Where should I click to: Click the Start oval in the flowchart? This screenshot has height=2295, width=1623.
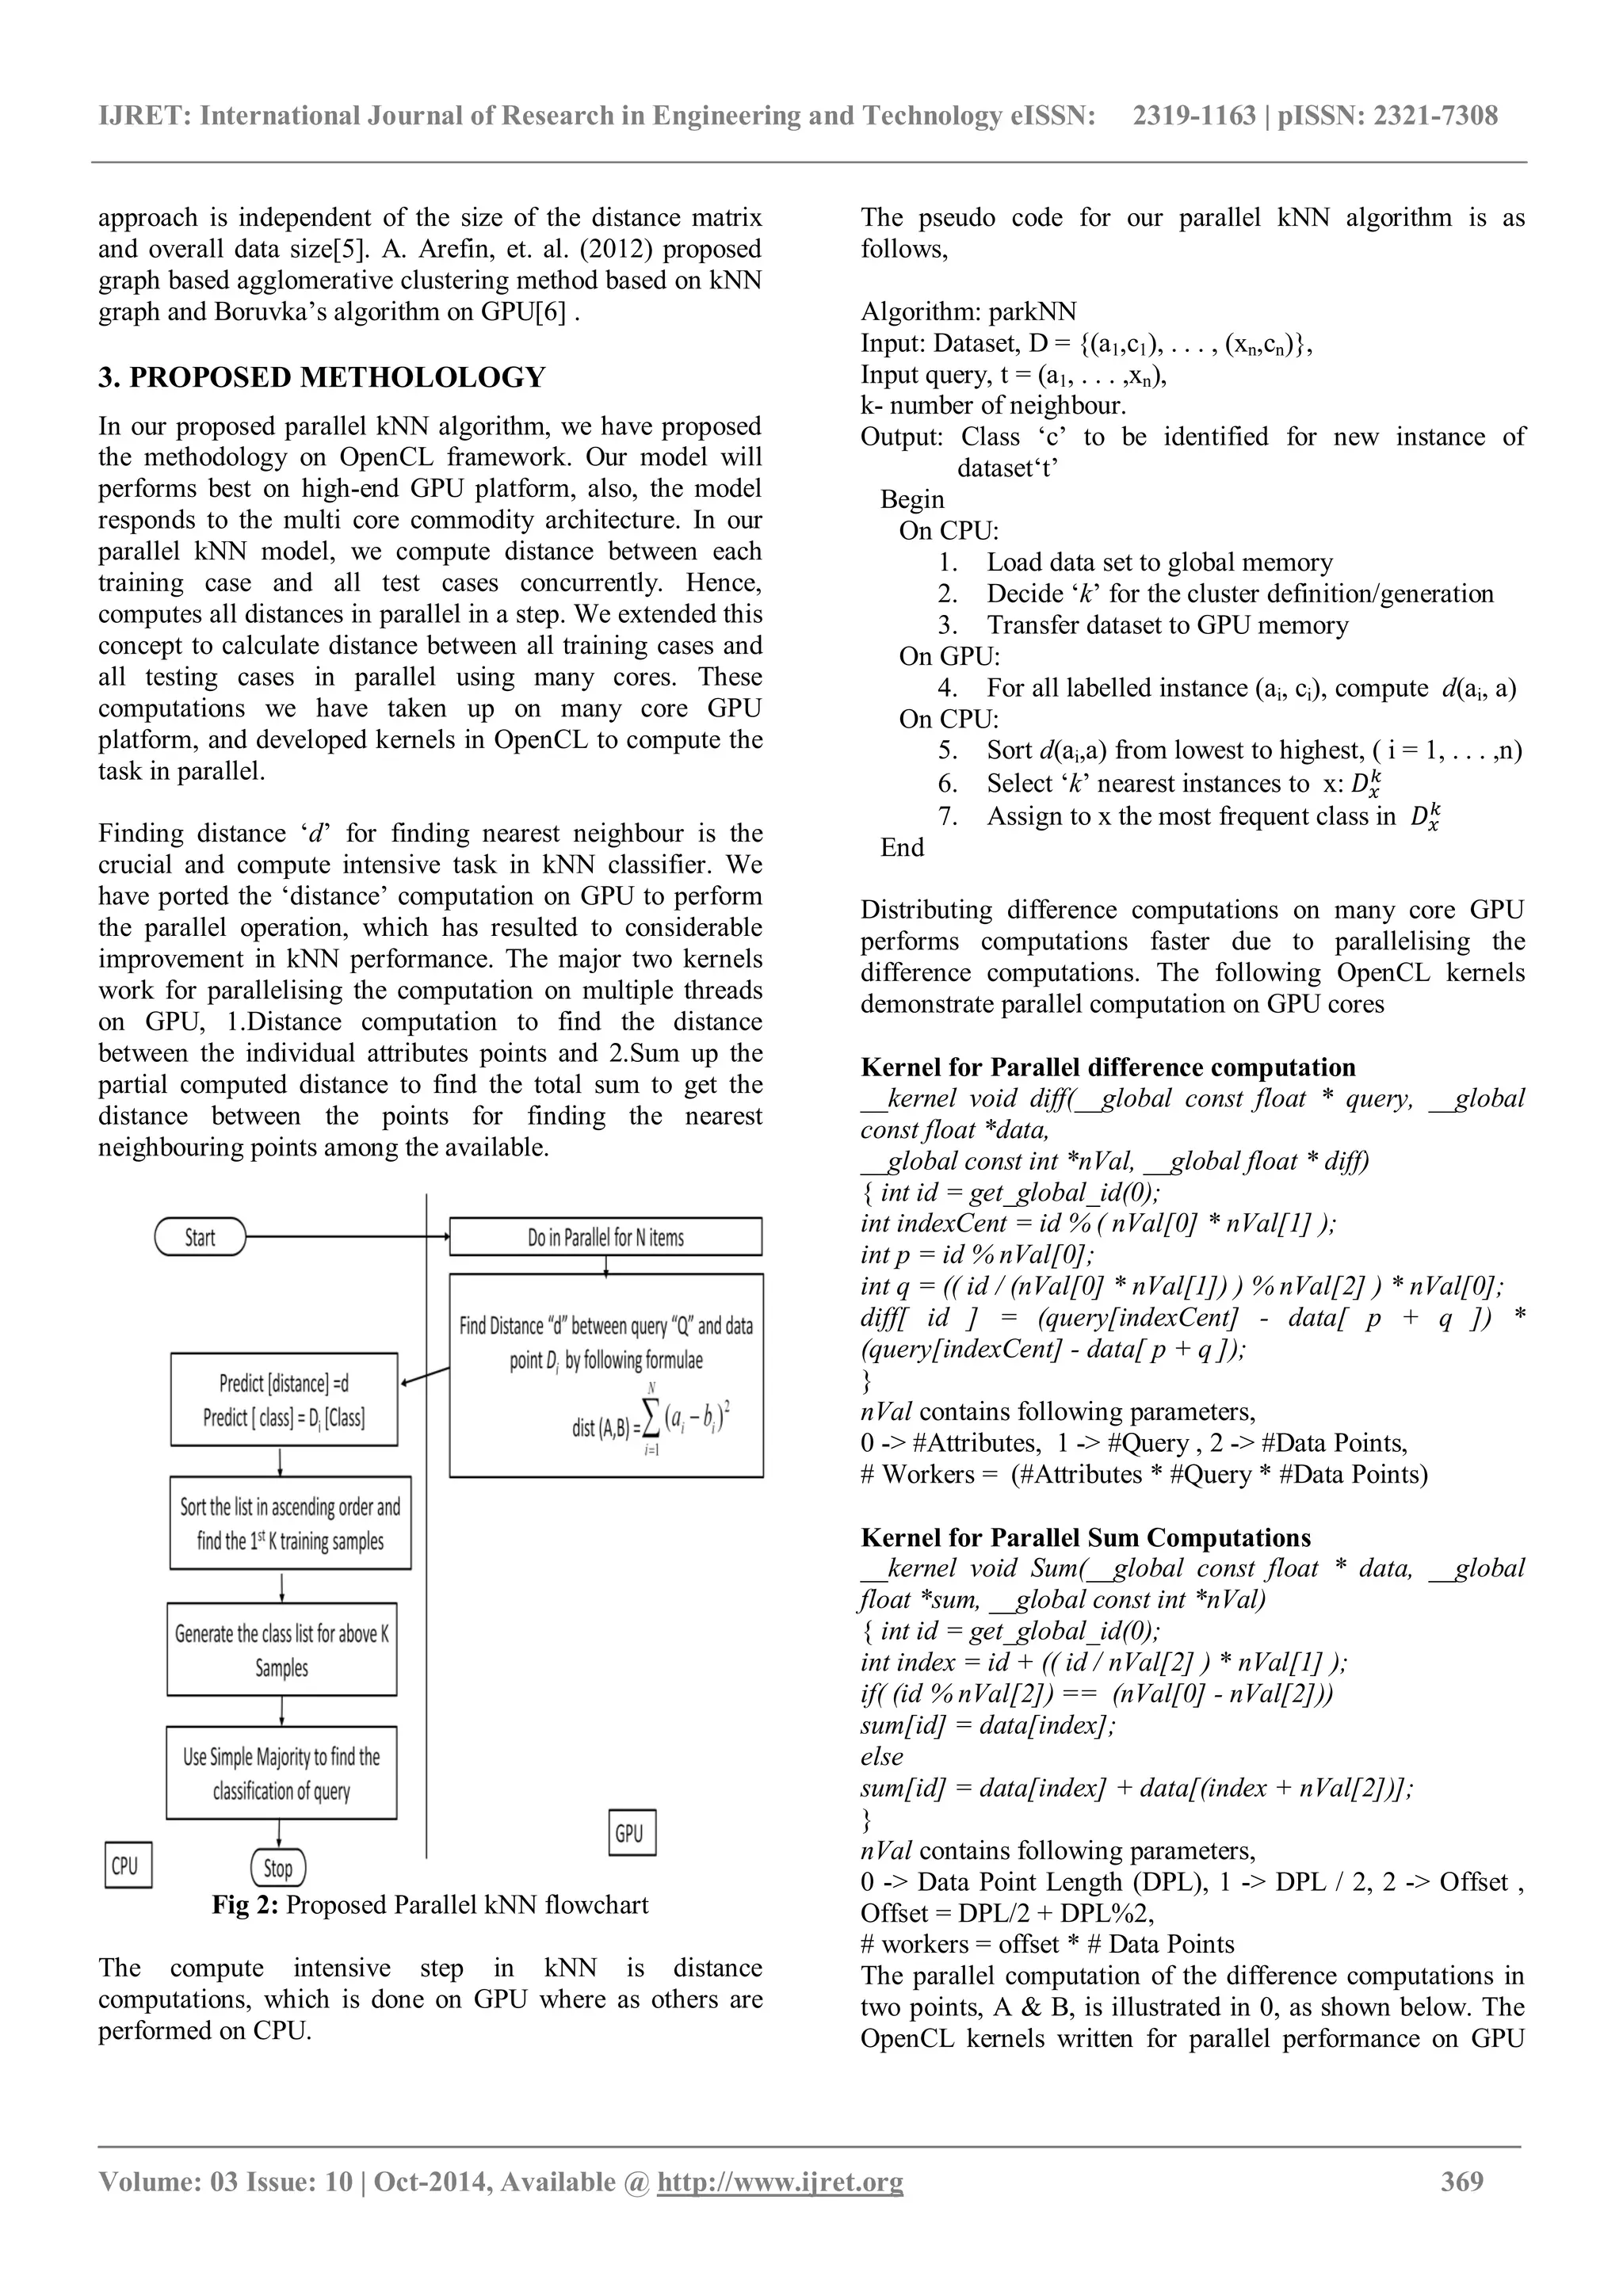(x=200, y=1236)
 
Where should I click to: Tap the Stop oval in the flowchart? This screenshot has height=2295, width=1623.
(x=278, y=1867)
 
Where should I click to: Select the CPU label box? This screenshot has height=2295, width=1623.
(x=127, y=1865)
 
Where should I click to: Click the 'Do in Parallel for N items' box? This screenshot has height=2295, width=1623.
(x=605, y=1236)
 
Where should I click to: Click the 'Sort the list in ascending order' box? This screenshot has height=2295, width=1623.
(x=290, y=1523)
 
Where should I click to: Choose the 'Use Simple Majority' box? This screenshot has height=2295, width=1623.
(x=282, y=1772)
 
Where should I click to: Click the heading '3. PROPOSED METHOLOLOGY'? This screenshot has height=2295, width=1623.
(x=322, y=378)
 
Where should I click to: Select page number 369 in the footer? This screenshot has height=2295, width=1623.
(x=1461, y=2209)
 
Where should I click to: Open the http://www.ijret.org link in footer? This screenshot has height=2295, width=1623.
(x=780, y=2209)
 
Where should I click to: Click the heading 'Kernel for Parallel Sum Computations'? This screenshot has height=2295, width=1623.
(x=1086, y=1537)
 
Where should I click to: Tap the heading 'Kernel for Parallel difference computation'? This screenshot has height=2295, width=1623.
(x=1107, y=1067)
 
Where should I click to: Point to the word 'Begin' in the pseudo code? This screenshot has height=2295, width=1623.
(x=911, y=498)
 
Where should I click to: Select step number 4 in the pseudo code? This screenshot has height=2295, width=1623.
(x=948, y=688)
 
